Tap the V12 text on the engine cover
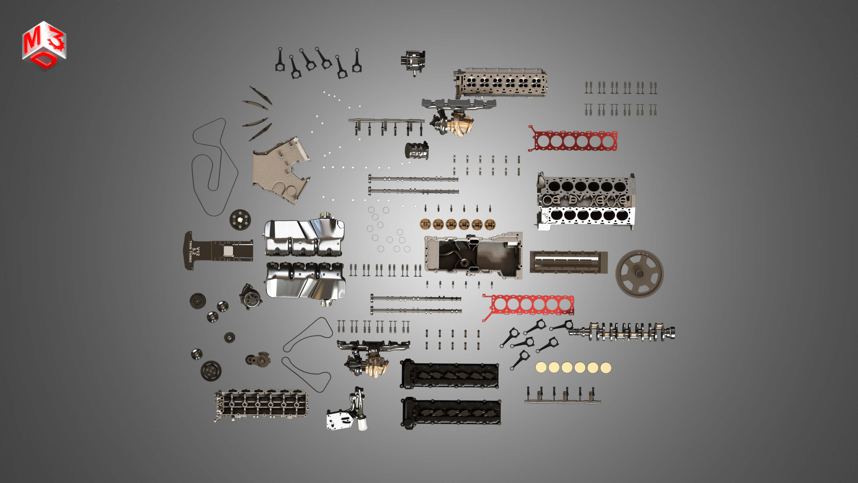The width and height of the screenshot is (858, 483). (198, 251)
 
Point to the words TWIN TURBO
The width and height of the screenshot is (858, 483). (191, 251)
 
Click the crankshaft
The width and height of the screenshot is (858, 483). (623, 331)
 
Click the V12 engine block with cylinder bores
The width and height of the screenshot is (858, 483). (586, 202)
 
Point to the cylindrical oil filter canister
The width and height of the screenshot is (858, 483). (416, 151)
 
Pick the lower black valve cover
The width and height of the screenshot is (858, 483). (451, 413)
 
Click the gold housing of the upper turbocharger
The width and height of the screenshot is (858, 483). (461, 125)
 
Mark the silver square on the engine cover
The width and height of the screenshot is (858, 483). (228, 251)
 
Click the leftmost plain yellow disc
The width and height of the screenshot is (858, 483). (541, 367)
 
